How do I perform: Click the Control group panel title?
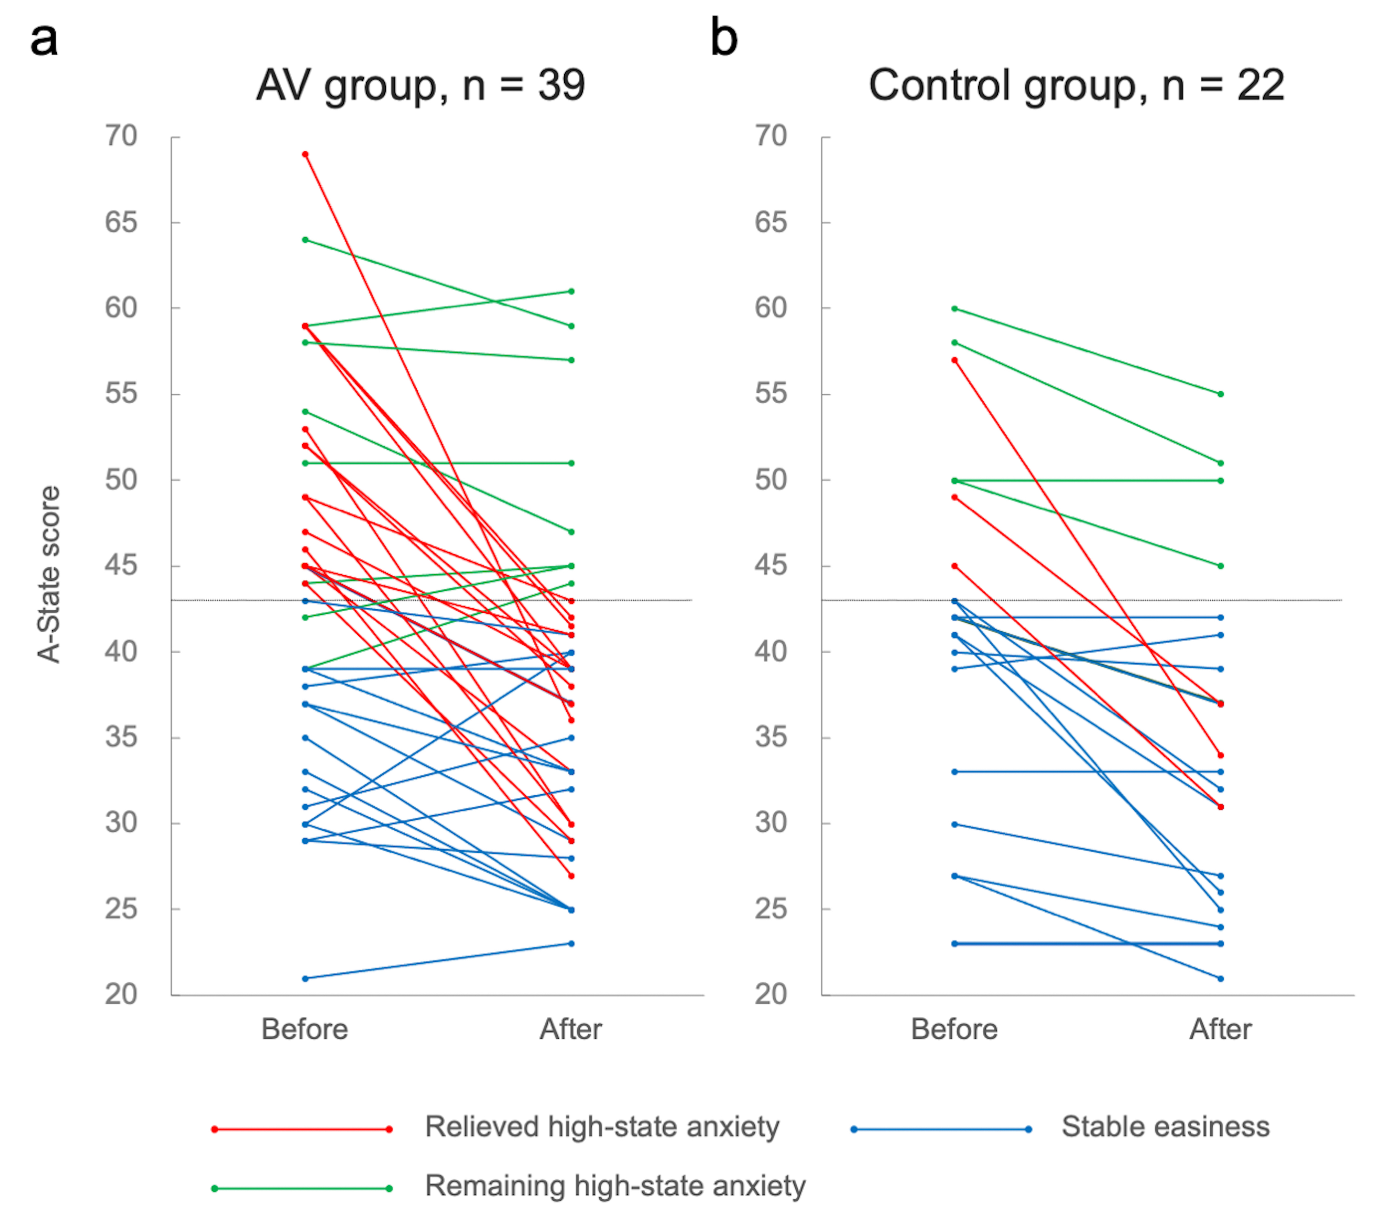pyautogui.click(x=1076, y=86)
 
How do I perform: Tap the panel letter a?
pyautogui.click(x=44, y=40)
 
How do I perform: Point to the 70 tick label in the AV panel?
pyautogui.click(x=121, y=136)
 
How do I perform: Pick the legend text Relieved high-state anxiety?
pyautogui.click(x=601, y=1127)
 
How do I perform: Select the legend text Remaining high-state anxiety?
pyautogui.click(x=615, y=1186)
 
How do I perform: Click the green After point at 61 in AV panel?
pyautogui.click(x=571, y=291)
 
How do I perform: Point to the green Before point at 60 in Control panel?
pyautogui.click(x=955, y=309)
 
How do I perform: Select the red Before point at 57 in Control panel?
pyautogui.click(x=955, y=360)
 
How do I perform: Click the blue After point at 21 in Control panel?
pyautogui.click(x=1221, y=979)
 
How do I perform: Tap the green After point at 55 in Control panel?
pyautogui.click(x=1221, y=394)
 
